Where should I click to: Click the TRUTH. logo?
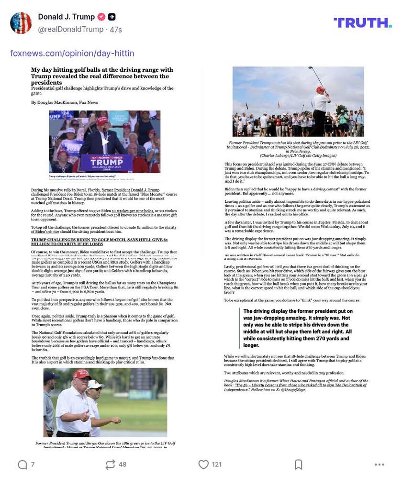pyautogui.click(x=362, y=22)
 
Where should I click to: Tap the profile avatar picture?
pyautogui.click(x=21, y=23)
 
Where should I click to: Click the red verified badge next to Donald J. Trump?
pyautogui.click(x=101, y=17)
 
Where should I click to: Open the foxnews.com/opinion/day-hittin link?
pyautogui.click(x=72, y=53)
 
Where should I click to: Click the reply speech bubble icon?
pyautogui.click(x=22, y=464)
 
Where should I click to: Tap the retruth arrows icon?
pyautogui.click(x=110, y=464)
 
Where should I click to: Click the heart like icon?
pyautogui.click(x=203, y=464)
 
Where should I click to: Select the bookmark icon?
pyautogui.click(x=298, y=464)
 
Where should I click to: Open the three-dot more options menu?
pyautogui.click(x=380, y=464)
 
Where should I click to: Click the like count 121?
pyautogui.click(x=216, y=464)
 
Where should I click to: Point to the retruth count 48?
pyautogui.click(x=123, y=464)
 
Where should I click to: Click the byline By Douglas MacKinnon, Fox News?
pyautogui.click(x=65, y=102)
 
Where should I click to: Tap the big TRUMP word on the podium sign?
pyautogui.click(x=105, y=162)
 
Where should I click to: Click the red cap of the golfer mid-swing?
pyautogui.click(x=320, y=89)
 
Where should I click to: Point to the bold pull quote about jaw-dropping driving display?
pyautogui.click(x=298, y=328)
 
